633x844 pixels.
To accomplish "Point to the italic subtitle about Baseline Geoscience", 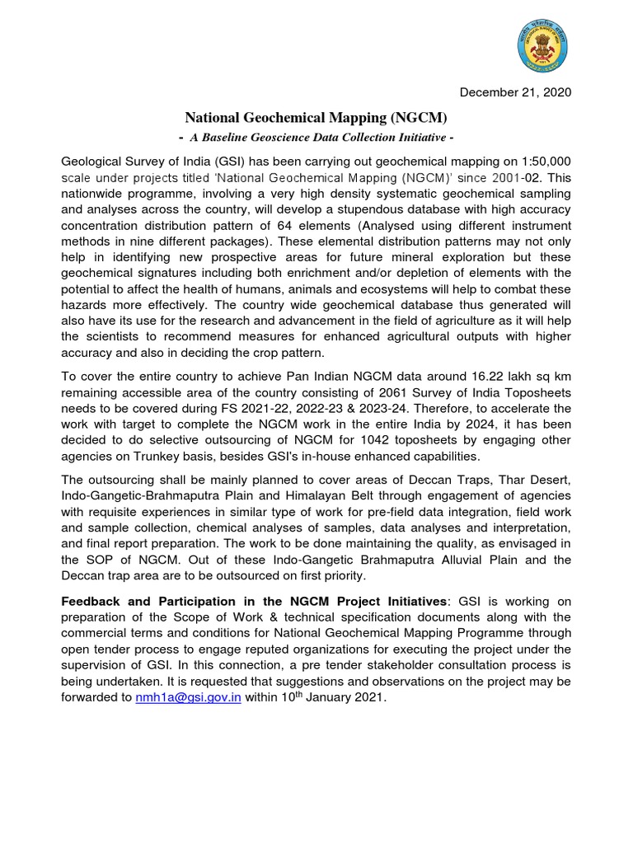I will coord(317,136).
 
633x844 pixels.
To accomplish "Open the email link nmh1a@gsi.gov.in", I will coord(188,697).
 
